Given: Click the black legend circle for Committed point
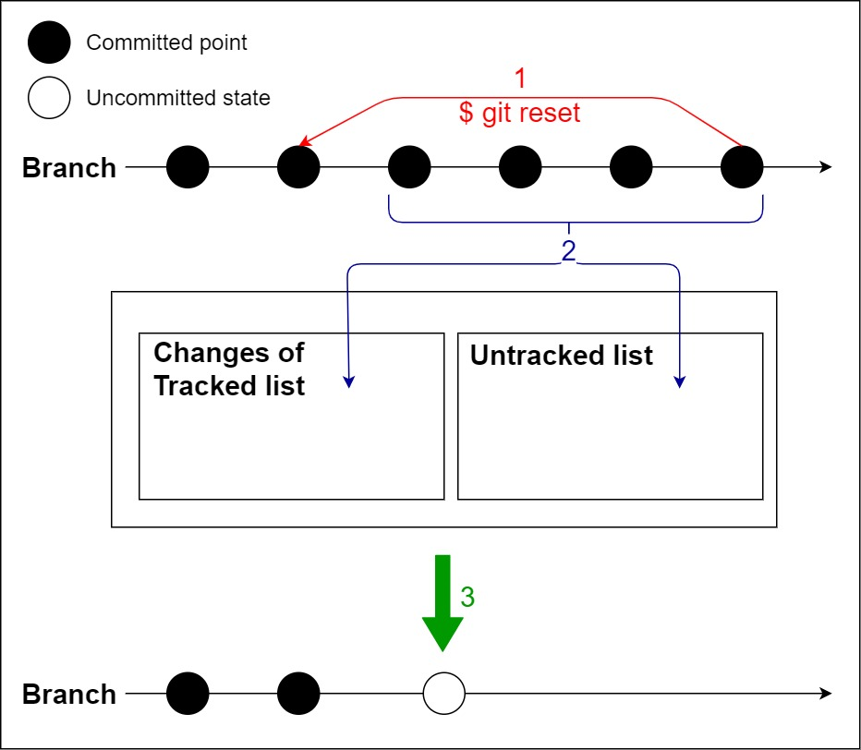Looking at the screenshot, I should coord(49,42).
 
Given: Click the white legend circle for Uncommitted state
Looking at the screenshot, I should coord(49,98).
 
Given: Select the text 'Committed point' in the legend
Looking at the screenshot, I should coord(166,42).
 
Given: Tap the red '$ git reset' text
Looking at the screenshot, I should coord(519,113).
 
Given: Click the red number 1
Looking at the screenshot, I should coord(519,79).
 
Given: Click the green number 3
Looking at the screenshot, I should coord(467,598).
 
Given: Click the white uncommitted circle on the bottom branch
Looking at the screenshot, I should coord(443,694).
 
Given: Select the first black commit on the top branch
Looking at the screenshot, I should coord(188,168).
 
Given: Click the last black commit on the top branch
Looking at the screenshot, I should coord(742,168).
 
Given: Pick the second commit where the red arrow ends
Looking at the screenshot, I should coord(298,168).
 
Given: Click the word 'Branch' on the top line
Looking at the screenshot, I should coord(69,168).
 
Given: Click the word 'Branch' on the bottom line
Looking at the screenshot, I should coord(69,695).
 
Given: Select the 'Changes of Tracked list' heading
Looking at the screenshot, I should coord(229,369).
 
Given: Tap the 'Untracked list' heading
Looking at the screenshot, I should coord(562,356).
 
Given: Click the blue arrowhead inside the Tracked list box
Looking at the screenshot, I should coord(348,381).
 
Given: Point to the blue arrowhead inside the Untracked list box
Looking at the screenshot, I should coord(680,381).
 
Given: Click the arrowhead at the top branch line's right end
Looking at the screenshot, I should coord(826,168).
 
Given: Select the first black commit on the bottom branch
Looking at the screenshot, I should coord(188,694).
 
